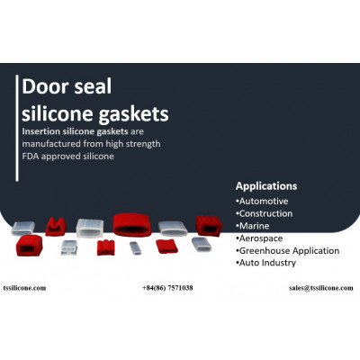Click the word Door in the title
click(x=46, y=86)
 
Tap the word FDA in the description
click(x=31, y=157)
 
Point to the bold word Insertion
click(x=41, y=131)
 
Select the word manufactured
click(x=51, y=144)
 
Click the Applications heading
click(x=266, y=186)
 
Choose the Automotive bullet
click(x=262, y=201)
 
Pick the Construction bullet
click(x=265, y=213)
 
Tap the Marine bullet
click(x=253, y=226)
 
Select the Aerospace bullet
click(x=259, y=238)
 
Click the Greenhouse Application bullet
click(x=288, y=251)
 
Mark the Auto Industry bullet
click(x=266, y=263)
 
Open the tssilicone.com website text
click(x=24, y=288)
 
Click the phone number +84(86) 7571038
click(x=167, y=288)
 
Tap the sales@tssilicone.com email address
click(x=321, y=288)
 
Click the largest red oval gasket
click(x=132, y=225)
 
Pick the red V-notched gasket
click(x=56, y=227)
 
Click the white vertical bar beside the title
click(x=17, y=128)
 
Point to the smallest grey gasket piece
click(x=135, y=248)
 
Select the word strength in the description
click(x=143, y=144)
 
